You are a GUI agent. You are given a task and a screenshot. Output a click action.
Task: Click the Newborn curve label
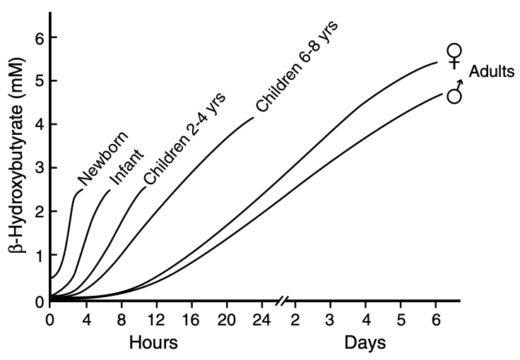[x=103, y=158]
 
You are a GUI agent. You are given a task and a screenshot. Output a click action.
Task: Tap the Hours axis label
[x=153, y=344]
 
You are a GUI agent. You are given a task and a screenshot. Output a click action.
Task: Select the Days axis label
[x=365, y=344]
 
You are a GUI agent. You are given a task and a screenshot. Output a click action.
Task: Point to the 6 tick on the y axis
[x=32, y=37]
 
